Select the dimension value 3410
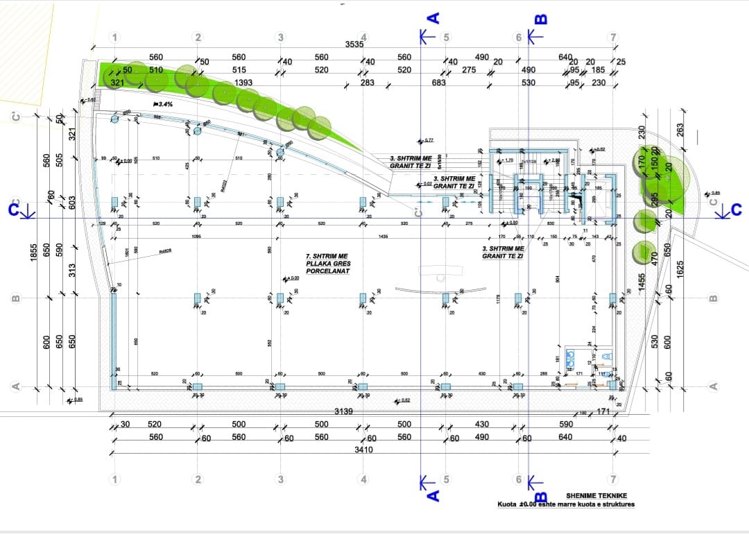tap(363, 450)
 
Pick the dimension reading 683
tap(438, 83)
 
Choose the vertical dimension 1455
tap(642, 282)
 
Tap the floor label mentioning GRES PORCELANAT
tap(328, 264)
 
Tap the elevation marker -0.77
tap(427, 140)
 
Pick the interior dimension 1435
tap(383, 237)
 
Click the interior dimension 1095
tap(196, 237)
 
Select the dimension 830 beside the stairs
tap(550, 223)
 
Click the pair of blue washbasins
tap(570, 358)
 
